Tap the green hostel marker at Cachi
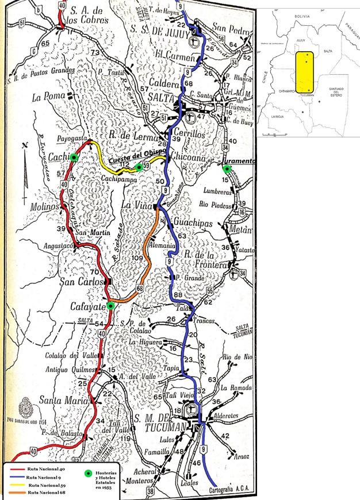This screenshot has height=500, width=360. click(x=74, y=157)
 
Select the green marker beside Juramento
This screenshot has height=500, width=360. click(x=227, y=169)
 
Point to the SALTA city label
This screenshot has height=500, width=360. click(x=162, y=99)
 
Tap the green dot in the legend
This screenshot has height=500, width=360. click(x=87, y=473)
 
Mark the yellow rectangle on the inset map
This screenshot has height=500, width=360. click(x=307, y=72)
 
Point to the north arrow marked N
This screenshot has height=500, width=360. click(x=24, y=167)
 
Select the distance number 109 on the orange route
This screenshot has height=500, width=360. click(x=137, y=259)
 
